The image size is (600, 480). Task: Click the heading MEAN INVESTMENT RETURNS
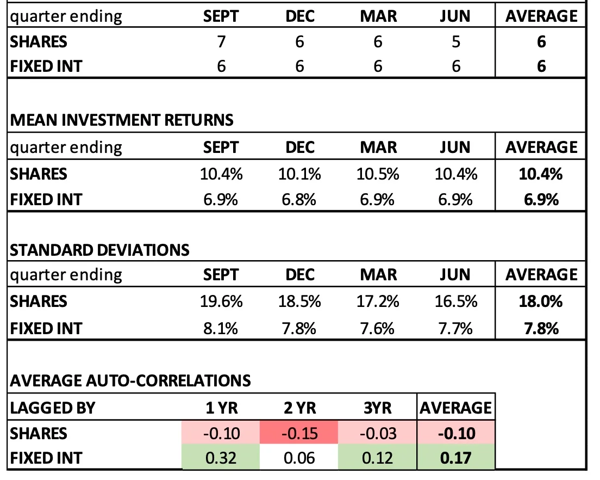coord(122,120)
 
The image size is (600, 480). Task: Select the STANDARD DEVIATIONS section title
coord(100,250)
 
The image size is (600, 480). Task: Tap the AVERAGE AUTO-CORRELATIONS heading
coord(130,380)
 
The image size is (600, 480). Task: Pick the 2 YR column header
coord(299,407)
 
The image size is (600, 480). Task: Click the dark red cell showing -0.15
coord(299,433)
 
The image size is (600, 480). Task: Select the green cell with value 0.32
coord(221,458)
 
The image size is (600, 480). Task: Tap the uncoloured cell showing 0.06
coord(299,458)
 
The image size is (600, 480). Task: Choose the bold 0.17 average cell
coord(456,458)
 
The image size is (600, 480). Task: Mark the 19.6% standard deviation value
coord(221,301)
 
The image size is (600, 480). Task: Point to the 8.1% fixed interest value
coord(221,328)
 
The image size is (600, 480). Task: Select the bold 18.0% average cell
coord(541,301)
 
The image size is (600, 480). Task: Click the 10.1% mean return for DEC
coord(299,174)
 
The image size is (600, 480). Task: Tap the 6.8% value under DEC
coord(299,200)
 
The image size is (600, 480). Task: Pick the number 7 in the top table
coord(221,41)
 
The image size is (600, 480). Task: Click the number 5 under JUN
coord(456,41)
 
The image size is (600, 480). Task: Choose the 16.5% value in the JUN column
coord(456,301)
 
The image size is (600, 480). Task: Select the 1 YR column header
coord(221,407)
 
